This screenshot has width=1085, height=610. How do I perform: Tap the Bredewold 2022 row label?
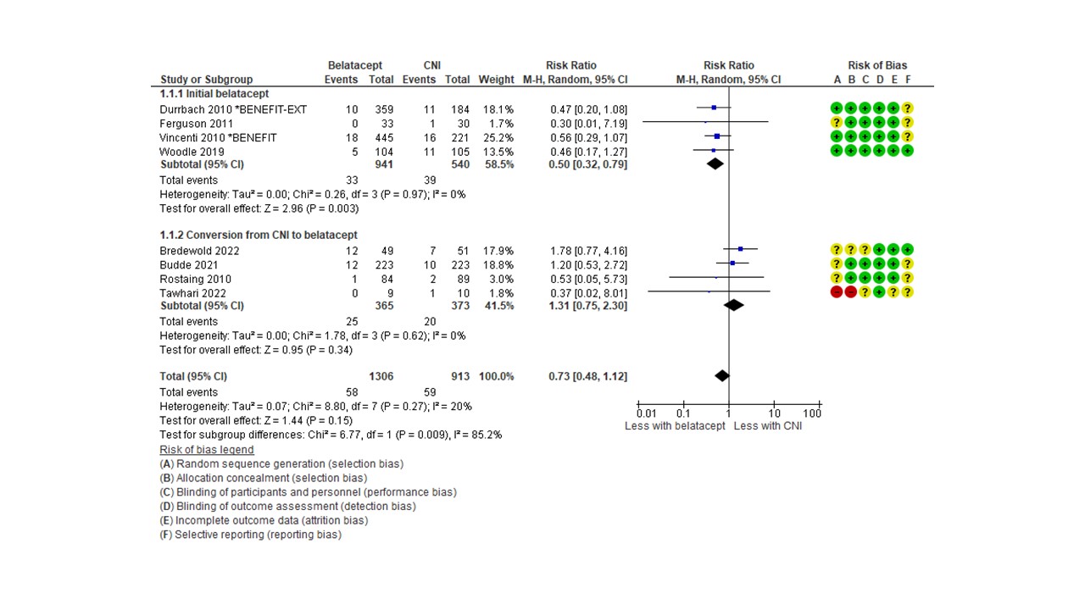point(199,251)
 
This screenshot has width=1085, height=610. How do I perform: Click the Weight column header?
point(496,80)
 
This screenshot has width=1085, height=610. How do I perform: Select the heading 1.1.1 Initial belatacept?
point(214,93)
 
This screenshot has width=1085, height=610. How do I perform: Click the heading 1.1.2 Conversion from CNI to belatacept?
point(259,235)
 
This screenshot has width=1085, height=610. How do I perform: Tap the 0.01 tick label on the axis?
point(646,413)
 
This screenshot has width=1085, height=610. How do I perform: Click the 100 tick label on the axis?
point(812,413)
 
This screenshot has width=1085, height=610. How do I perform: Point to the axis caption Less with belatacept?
point(675,426)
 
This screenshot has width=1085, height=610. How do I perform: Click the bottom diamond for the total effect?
point(721,375)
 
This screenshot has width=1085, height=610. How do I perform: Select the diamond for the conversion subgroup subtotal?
point(734,305)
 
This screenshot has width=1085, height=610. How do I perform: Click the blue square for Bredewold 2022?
point(740,250)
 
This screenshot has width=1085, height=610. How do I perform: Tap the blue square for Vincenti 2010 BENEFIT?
point(717,136)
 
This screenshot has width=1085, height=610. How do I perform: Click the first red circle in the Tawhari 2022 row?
point(837,291)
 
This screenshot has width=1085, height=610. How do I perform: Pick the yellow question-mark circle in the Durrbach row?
point(907,108)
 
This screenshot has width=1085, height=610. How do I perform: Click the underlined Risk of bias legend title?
point(206,450)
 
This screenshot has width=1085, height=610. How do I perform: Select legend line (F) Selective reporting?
point(250,535)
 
